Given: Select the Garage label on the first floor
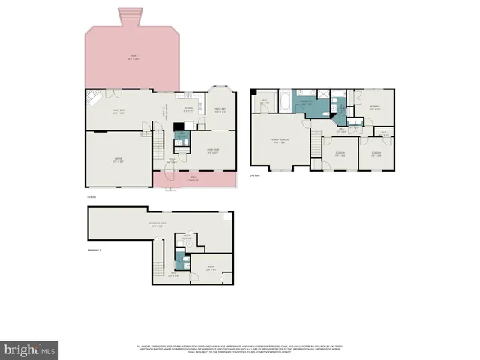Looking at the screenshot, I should (118, 160).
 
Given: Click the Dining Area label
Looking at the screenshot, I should (220, 111).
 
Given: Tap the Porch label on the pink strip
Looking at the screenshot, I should (193, 178).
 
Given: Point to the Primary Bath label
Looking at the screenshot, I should (307, 103).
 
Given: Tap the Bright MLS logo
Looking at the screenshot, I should (30, 349).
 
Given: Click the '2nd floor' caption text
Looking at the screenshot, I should (255, 175).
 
